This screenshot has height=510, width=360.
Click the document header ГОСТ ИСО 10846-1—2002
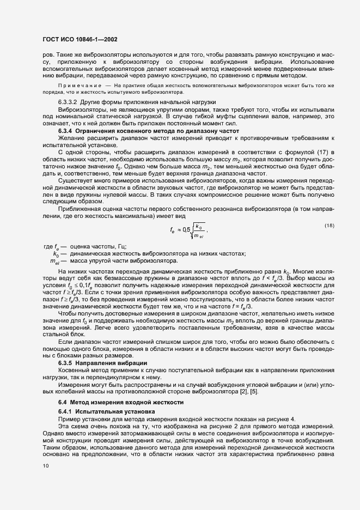[x=80, y=40]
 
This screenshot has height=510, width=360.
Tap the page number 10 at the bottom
[x=46, y=465]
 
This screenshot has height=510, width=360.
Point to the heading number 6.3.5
[x=65, y=362]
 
